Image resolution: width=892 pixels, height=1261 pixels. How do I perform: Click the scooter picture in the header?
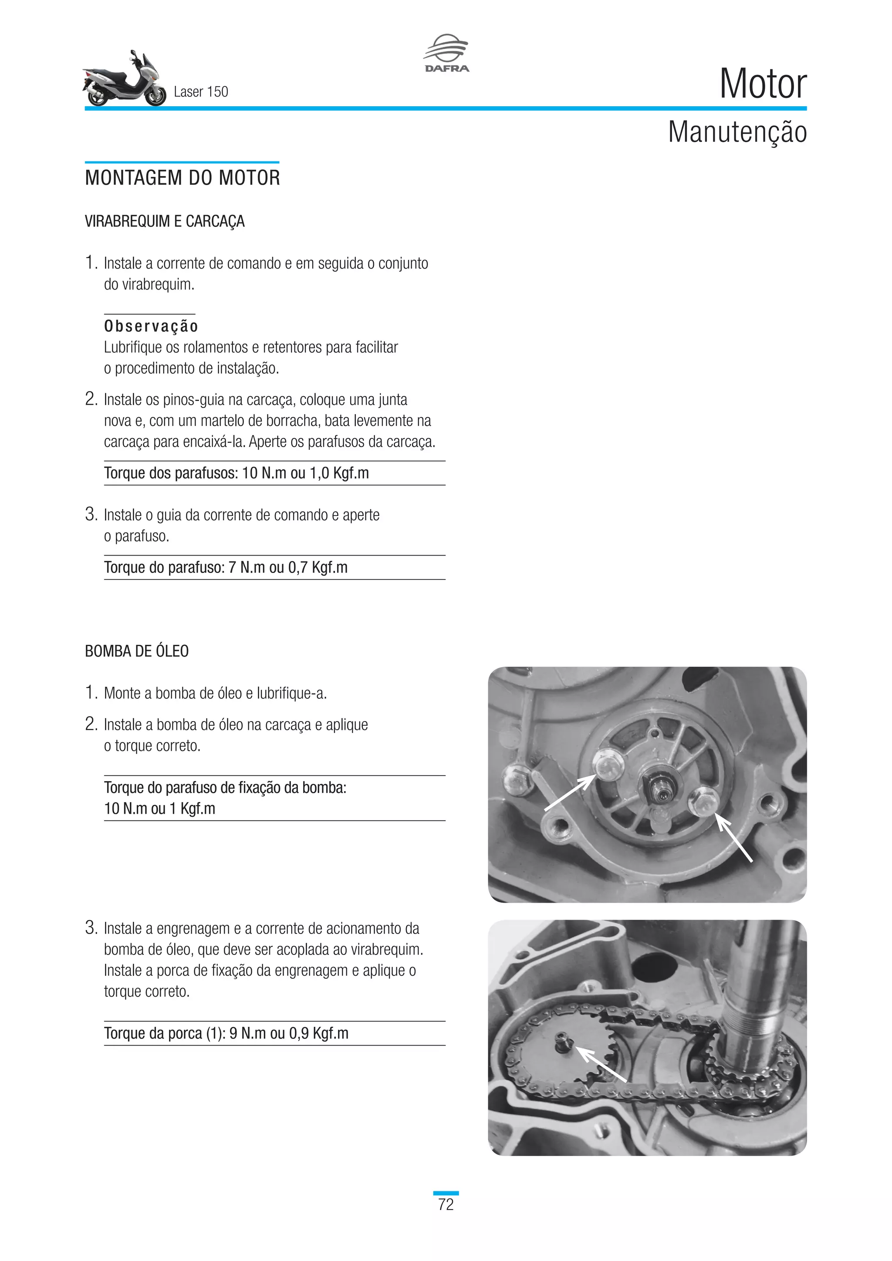click(124, 80)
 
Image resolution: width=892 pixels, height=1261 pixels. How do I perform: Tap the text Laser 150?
click(200, 92)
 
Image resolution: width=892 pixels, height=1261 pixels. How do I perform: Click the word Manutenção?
click(737, 132)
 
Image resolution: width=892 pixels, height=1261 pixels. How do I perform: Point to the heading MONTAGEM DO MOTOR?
click(182, 178)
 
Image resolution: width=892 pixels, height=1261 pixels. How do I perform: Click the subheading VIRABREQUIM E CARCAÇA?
click(164, 221)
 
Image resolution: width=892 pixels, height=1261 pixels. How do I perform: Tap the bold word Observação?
click(151, 326)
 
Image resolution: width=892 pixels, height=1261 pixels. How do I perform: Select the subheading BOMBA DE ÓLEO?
click(137, 651)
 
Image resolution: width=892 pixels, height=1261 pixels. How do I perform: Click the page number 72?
click(446, 1204)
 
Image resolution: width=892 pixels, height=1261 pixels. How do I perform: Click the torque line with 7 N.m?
click(226, 567)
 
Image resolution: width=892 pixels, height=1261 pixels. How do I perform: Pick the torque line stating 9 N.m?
click(226, 1033)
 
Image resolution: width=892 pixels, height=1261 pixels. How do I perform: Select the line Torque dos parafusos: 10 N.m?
click(236, 473)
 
